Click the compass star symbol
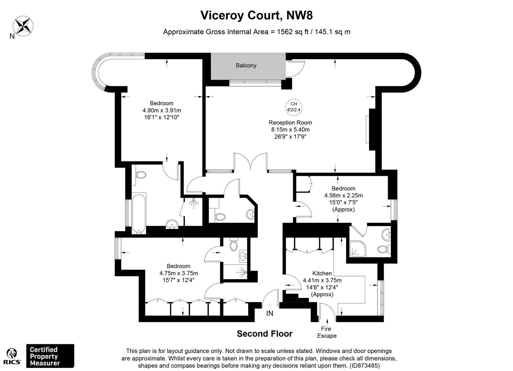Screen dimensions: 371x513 point(23,25)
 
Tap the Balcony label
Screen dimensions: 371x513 point(246,65)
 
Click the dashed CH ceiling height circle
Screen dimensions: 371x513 point(294,107)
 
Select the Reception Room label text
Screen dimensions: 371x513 point(290,123)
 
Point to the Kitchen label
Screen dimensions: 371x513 point(322,273)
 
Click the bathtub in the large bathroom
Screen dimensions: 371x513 point(139,213)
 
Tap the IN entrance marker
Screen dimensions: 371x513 point(270,313)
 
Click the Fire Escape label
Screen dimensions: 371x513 point(327,332)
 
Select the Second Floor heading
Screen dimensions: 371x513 point(264,334)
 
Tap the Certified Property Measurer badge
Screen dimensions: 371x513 point(50,356)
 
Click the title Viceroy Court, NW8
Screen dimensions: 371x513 point(256,15)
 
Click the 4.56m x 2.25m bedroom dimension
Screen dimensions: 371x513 point(343,195)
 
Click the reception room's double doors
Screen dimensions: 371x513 point(251,161)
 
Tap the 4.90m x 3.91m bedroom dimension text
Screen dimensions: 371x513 point(162,110)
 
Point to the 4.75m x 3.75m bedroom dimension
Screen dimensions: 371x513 point(178,273)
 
